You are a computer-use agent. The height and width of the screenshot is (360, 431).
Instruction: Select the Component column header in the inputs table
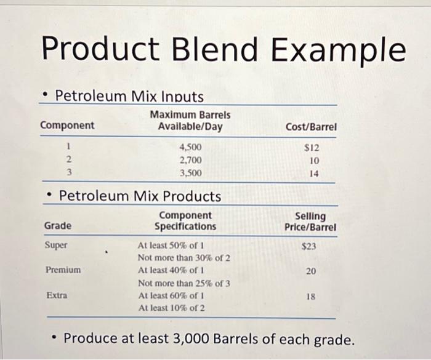(67, 126)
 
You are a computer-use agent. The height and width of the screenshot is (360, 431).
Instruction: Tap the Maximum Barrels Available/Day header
(190, 121)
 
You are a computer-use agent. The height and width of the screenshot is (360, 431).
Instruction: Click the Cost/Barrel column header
(312, 127)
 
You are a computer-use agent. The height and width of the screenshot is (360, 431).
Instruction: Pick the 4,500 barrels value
(190, 148)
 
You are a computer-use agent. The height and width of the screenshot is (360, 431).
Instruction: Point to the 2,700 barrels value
(190, 161)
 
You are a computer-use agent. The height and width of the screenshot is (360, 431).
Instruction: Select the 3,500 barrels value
(190, 174)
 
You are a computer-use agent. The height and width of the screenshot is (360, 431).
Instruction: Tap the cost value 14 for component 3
(314, 174)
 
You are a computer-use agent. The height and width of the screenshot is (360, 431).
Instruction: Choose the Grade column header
(58, 226)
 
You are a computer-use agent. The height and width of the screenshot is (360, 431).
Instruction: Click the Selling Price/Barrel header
(310, 222)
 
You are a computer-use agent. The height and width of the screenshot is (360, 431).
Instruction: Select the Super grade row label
(56, 245)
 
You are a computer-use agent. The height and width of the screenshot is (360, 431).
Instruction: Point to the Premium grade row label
(63, 270)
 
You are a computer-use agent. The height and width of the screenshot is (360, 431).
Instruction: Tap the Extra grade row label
(57, 295)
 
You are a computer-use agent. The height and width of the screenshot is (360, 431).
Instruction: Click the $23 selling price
(310, 246)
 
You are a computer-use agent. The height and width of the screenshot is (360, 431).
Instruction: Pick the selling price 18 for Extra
(311, 295)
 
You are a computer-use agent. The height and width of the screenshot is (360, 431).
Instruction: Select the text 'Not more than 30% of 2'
(184, 258)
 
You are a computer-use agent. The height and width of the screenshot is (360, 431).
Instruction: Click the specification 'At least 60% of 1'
(171, 295)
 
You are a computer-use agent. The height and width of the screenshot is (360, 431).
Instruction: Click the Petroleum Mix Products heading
(140, 196)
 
